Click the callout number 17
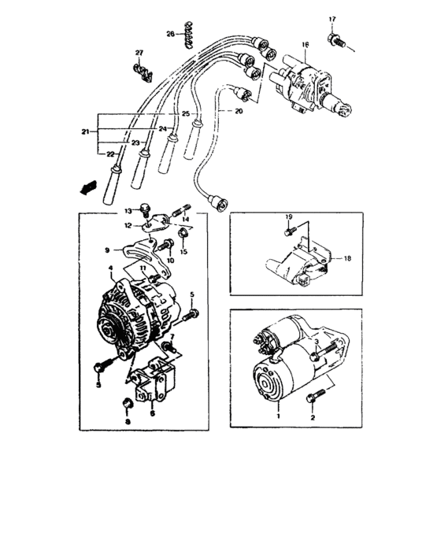[x=332, y=19]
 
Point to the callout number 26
[x=169, y=33]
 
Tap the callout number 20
[x=238, y=112]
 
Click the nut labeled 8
[x=128, y=406]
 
